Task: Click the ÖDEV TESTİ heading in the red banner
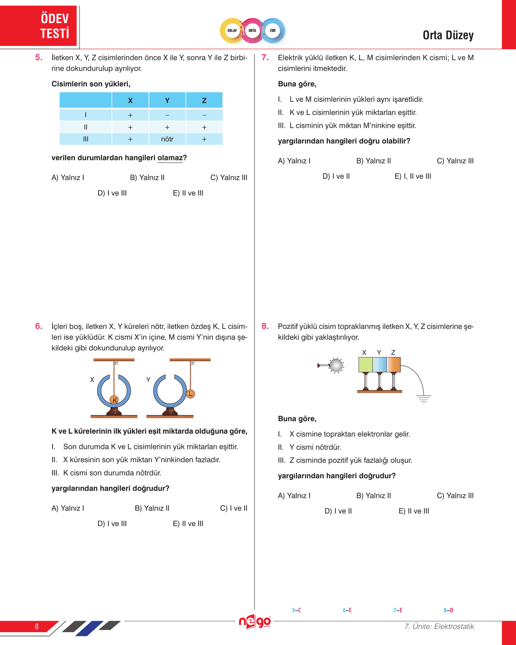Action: (x=55, y=26)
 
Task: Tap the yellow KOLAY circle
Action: (x=232, y=31)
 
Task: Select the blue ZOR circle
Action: (x=273, y=31)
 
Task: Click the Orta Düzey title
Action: (x=448, y=36)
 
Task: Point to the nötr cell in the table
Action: (x=167, y=139)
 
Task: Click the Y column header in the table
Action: (x=167, y=101)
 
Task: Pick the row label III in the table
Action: (x=86, y=139)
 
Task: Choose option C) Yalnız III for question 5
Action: (x=228, y=178)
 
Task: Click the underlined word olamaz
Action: (x=170, y=158)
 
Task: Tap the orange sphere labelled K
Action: (x=115, y=400)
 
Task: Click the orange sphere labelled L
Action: (x=190, y=393)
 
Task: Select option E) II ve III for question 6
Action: (x=188, y=524)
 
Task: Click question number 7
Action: (x=265, y=58)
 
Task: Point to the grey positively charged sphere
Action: (x=336, y=365)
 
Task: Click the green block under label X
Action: (x=365, y=364)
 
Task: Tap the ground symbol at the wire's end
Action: (x=423, y=399)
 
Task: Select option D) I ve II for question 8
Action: (x=338, y=511)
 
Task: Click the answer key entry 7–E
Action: (x=398, y=610)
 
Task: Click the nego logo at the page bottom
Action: (x=255, y=621)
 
